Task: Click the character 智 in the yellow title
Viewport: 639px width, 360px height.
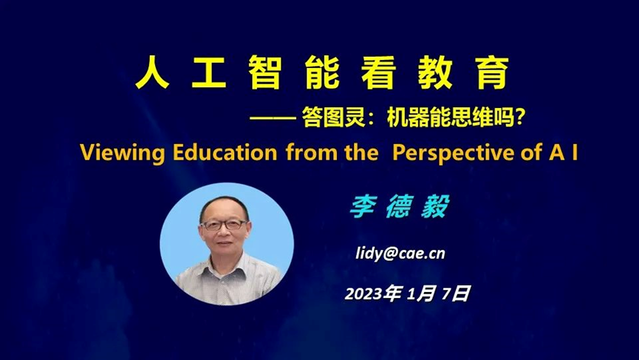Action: [265, 72]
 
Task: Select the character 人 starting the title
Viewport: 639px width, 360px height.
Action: [152, 72]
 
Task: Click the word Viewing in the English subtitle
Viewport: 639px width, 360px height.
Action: [122, 153]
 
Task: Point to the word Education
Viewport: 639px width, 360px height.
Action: [225, 152]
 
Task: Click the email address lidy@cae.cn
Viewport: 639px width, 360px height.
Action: [400, 254]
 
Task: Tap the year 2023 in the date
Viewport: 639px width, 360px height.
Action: [364, 293]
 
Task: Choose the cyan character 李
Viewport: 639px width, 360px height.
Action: [363, 207]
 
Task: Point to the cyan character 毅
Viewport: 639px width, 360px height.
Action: [435, 207]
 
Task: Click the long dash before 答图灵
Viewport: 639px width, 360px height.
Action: [273, 118]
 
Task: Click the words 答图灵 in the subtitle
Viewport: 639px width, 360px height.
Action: [333, 118]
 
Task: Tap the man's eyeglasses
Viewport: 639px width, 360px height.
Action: [224, 224]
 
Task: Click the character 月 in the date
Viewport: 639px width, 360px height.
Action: [426, 293]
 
